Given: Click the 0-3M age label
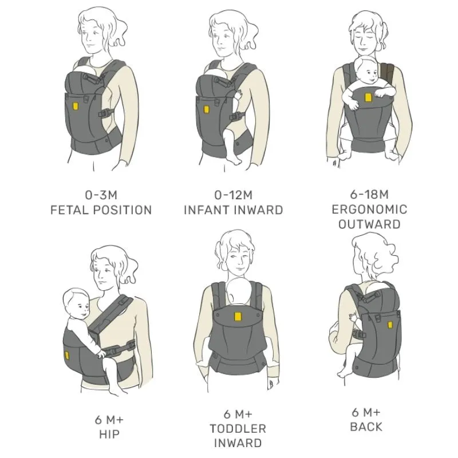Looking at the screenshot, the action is tap(101, 195).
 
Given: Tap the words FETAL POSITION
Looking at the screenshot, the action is tap(101, 210).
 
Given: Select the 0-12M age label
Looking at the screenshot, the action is tap(234, 195).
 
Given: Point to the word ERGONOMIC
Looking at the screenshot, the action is tap(369, 210).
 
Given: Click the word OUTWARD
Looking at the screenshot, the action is tap(369, 224).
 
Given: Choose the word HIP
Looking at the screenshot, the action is tap(109, 435).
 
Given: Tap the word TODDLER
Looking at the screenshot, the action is tap(238, 429).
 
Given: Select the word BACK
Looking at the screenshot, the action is tap(366, 427).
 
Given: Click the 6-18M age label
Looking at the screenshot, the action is tap(369, 194).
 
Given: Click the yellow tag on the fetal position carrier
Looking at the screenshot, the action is tap(76, 106).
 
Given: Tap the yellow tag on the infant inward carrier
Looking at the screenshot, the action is tap(206, 109).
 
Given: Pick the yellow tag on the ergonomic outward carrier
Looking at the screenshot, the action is tap(369, 97).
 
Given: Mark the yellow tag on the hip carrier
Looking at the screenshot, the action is tap(67, 356).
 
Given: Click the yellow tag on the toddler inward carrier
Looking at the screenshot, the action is tap(238, 317).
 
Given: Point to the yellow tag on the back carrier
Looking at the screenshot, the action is tap(390, 325).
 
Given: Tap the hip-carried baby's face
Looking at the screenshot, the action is tap(81, 307).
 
